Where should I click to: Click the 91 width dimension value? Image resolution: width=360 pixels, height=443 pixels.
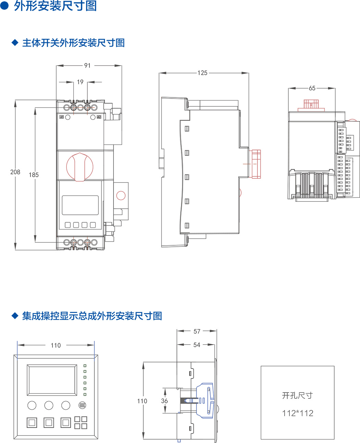tap(87, 66)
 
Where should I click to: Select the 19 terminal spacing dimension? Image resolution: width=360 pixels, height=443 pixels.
tap(80, 82)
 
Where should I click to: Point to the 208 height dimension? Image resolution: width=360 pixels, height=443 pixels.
tap(15, 172)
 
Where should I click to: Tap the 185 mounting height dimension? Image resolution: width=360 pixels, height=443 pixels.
tap(34, 175)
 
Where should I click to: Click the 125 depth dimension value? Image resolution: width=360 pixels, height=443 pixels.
tap(202, 73)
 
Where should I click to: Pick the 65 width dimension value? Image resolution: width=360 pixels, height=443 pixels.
tap(312, 88)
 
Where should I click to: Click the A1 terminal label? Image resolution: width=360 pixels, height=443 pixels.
tap(62, 117)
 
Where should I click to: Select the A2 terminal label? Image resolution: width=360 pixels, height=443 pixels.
tap(99, 117)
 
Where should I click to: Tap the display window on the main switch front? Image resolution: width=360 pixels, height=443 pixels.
tap(80, 205)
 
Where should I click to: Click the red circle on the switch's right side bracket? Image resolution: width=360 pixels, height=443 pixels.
tap(121, 196)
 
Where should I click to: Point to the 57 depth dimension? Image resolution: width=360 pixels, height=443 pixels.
tap(197, 331)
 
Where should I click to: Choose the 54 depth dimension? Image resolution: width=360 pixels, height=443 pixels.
tap(197, 345)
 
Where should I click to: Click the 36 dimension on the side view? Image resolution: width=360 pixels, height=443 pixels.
tap(165, 401)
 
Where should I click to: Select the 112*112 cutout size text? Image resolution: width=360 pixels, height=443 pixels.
tap(298, 413)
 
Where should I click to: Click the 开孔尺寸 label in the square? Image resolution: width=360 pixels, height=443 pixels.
tap(297, 396)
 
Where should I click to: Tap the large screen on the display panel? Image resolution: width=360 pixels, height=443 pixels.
tap(52, 380)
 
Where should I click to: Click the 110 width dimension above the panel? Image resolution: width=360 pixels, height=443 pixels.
tap(56, 346)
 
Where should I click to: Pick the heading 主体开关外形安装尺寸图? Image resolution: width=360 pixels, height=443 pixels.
tap(73, 43)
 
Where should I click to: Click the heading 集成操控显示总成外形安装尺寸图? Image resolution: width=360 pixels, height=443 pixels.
tap(92, 316)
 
